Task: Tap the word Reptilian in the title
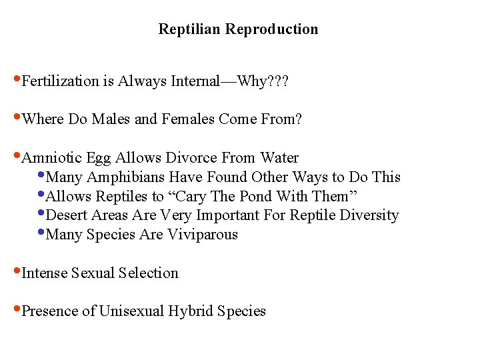pyautogui.click(x=190, y=29)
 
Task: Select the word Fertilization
pyautogui.click(x=60, y=82)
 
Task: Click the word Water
pyautogui.click(x=279, y=158)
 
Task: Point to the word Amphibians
pyautogui.click(x=127, y=177)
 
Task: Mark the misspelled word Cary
pyautogui.click(x=201, y=197)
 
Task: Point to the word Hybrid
pyautogui.click(x=190, y=311)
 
